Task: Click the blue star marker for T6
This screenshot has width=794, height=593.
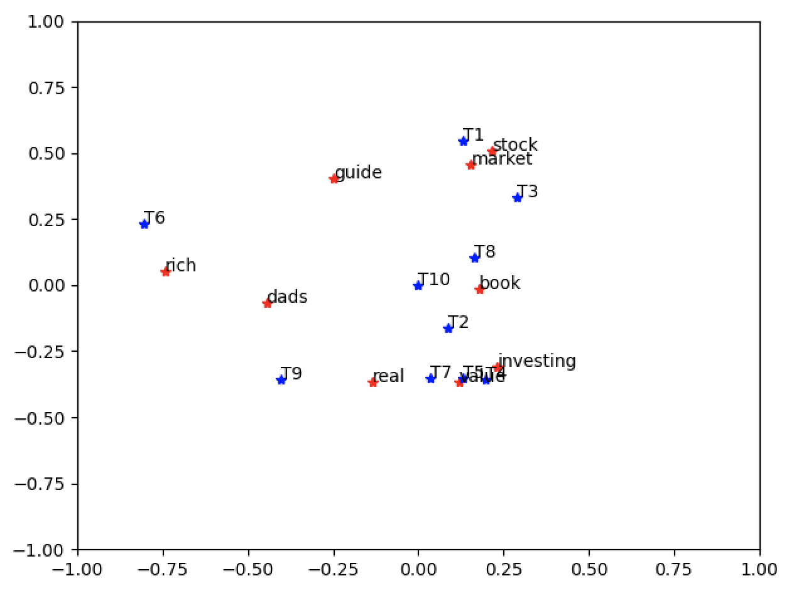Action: [144, 224]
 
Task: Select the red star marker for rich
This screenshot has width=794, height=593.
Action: [166, 271]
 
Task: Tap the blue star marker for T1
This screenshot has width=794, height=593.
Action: [464, 141]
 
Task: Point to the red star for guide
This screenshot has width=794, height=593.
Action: [334, 178]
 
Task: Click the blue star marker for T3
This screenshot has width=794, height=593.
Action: [518, 197]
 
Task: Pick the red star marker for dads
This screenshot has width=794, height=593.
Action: [268, 303]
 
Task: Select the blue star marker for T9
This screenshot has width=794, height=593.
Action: [281, 379]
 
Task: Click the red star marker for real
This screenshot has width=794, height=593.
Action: [373, 382]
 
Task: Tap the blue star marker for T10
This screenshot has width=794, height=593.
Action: [418, 285]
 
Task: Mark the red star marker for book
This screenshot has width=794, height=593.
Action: [480, 289]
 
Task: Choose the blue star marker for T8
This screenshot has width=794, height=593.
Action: [475, 258]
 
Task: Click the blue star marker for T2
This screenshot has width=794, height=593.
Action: [449, 328]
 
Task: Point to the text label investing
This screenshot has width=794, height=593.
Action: [537, 361]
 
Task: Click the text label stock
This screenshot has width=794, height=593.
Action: [515, 145]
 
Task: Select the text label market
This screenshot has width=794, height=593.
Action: [503, 159]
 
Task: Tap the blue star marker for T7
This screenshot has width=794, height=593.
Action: [431, 378]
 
